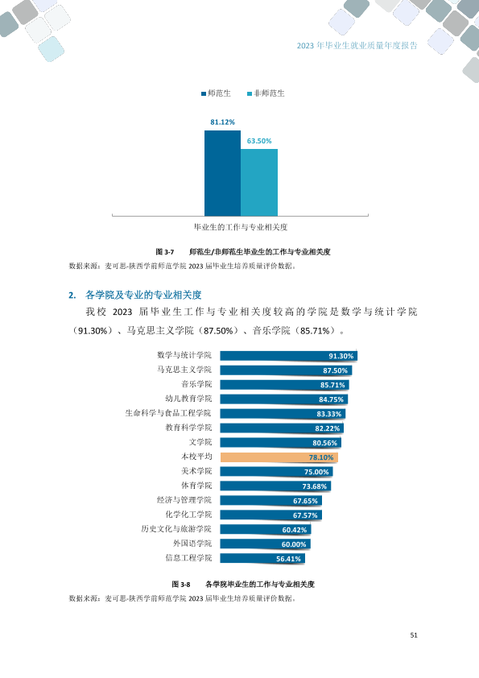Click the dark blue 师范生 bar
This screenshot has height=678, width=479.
(x=223, y=173)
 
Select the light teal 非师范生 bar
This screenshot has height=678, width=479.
(x=259, y=183)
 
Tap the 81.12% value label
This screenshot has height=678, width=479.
(x=223, y=122)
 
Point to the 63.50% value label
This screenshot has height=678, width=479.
(x=259, y=141)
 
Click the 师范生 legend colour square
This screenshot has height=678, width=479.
(x=204, y=94)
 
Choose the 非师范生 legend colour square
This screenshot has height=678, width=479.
(x=250, y=94)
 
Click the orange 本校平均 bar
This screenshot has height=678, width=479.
(x=279, y=457)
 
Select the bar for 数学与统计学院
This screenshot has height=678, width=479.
(x=289, y=356)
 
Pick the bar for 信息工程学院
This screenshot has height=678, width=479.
(x=262, y=558)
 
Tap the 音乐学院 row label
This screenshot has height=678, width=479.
(x=196, y=384)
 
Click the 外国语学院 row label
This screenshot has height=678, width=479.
(x=193, y=543)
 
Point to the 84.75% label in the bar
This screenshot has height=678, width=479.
(x=331, y=399)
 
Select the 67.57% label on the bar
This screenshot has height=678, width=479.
(x=305, y=515)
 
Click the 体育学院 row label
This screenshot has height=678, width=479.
(x=196, y=486)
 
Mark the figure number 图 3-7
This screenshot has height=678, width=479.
(x=165, y=252)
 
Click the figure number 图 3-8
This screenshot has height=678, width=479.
(x=180, y=584)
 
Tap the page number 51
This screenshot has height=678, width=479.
(x=414, y=635)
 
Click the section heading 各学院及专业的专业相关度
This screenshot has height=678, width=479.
(x=143, y=295)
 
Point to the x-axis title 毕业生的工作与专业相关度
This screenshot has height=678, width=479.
(x=241, y=227)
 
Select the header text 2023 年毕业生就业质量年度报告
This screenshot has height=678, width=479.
(x=357, y=45)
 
